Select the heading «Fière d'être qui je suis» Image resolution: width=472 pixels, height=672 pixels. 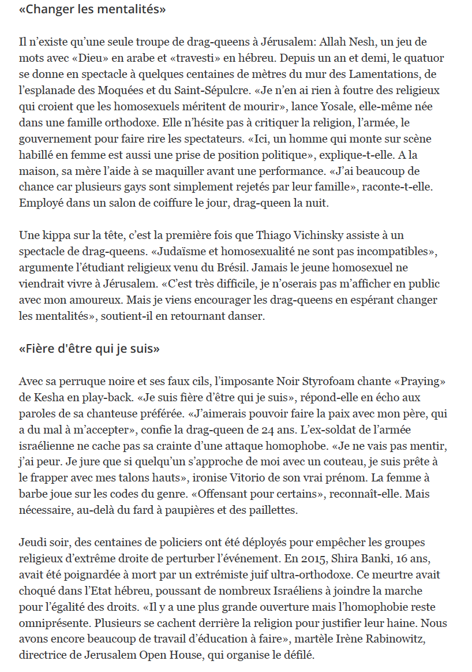pyautogui.click(x=89, y=349)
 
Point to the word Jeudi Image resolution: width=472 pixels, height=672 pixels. pyautogui.click(x=32, y=544)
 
